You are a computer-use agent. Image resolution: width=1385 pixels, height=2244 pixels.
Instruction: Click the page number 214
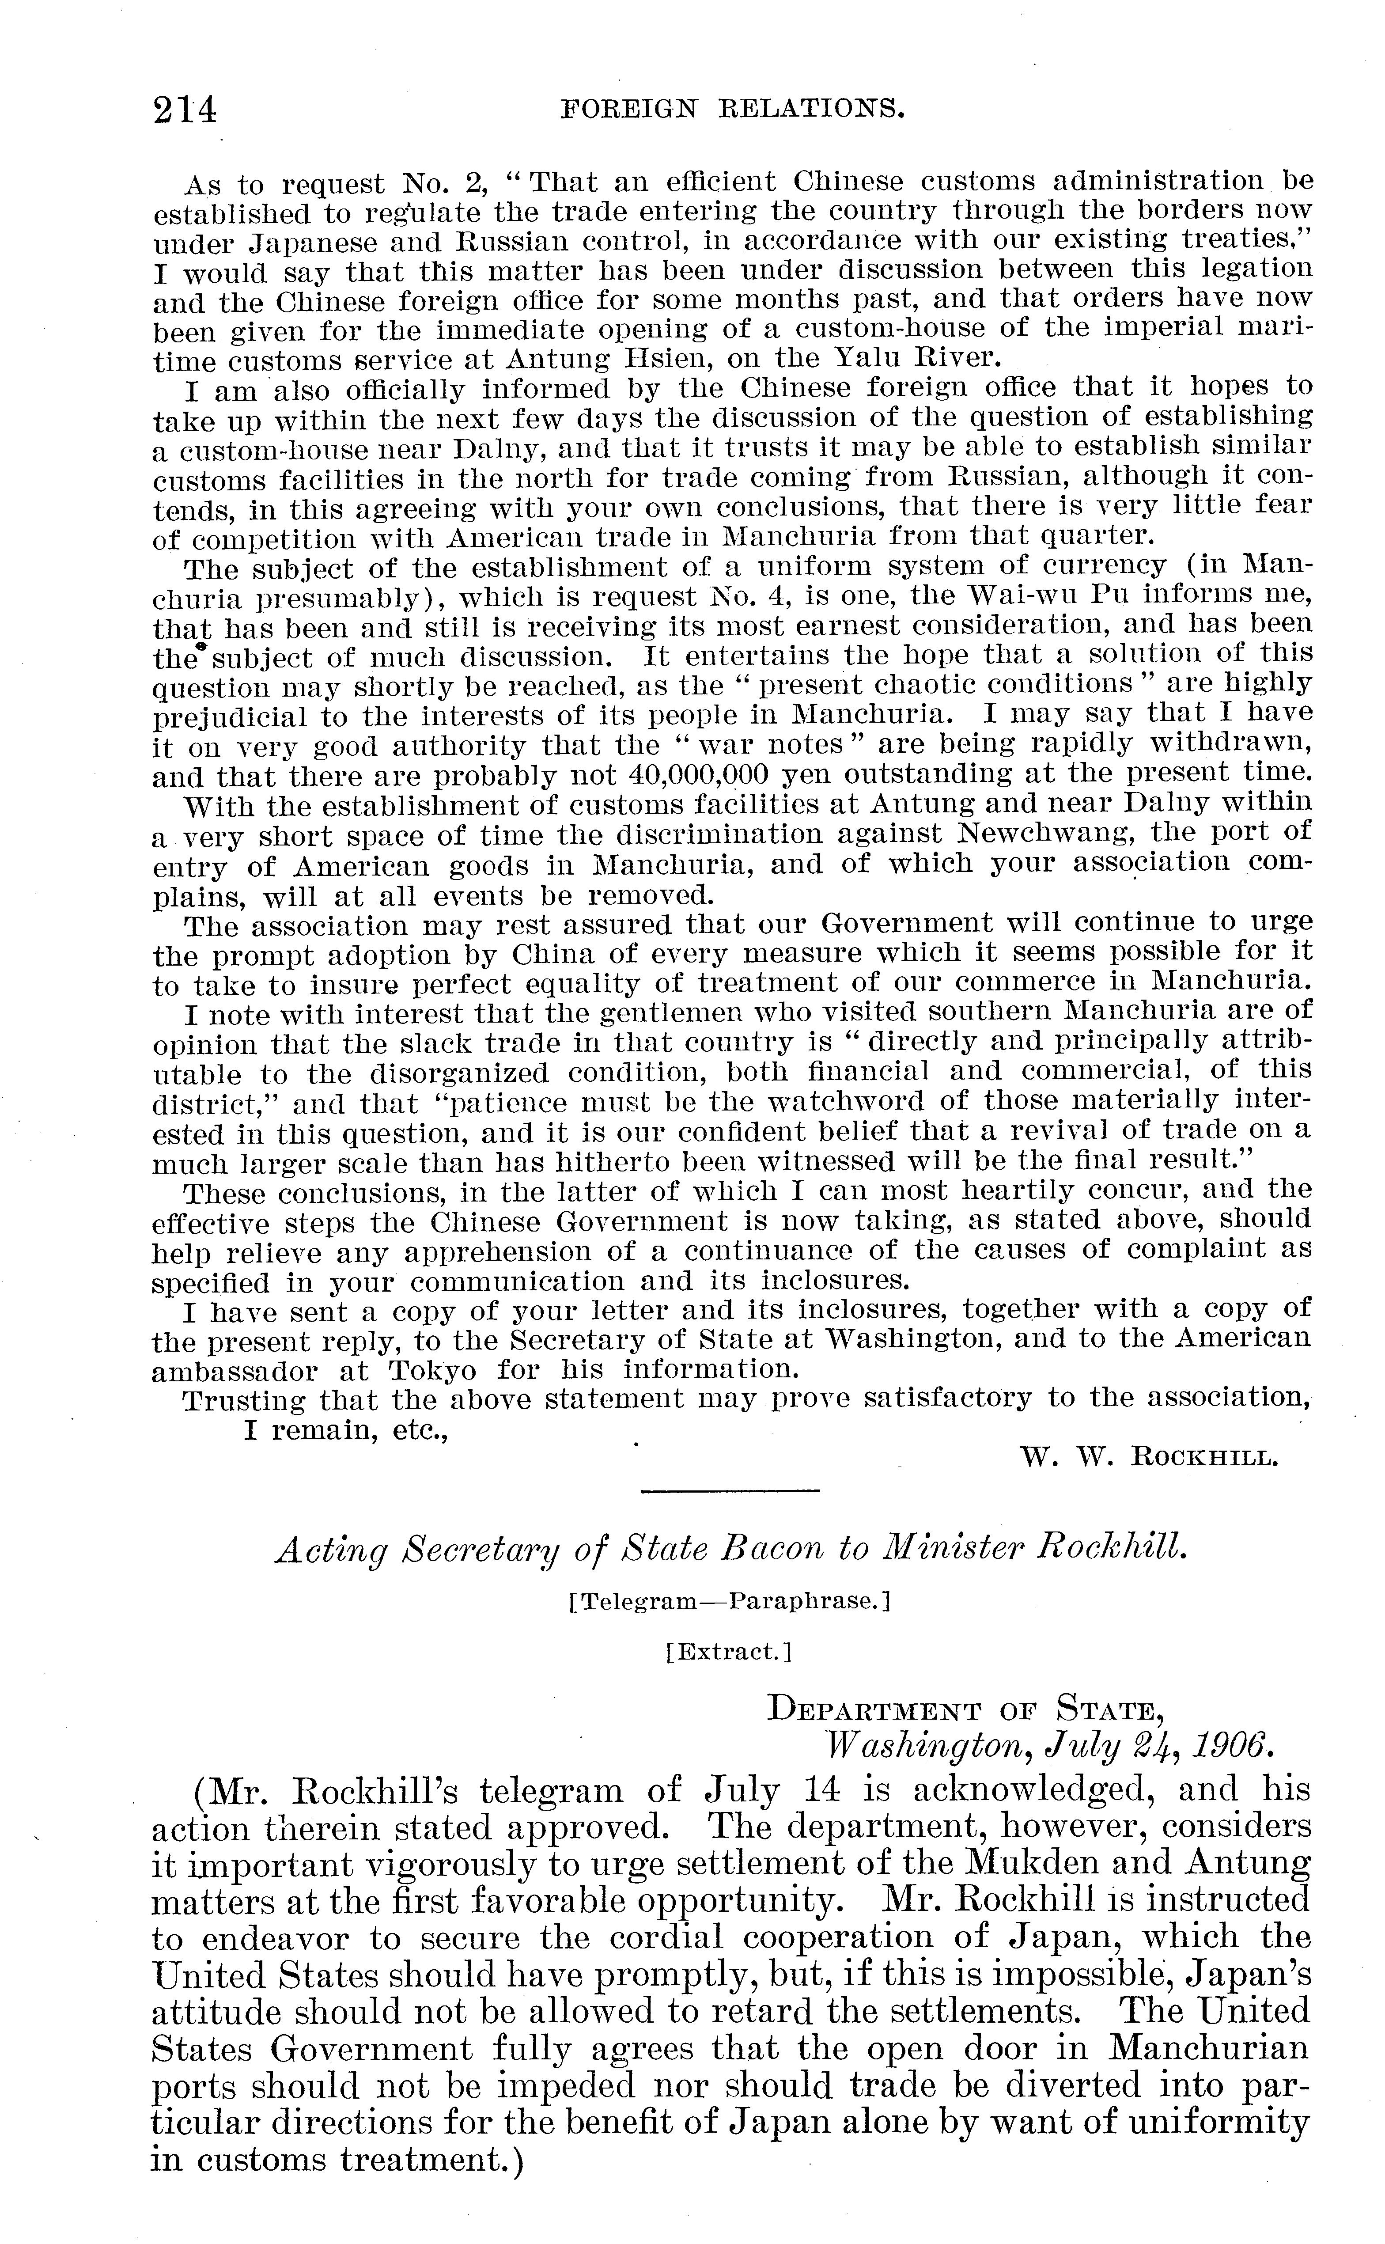click(x=186, y=110)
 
